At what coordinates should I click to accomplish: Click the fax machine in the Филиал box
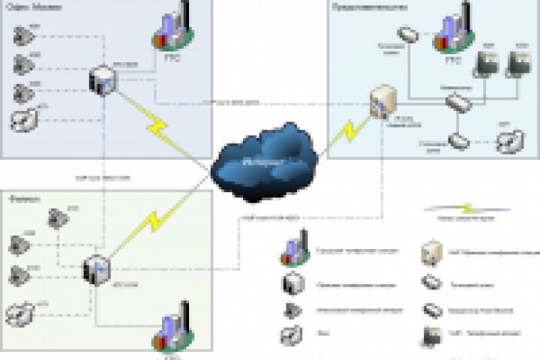[20, 310]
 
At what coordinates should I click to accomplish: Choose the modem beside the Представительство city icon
[409, 34]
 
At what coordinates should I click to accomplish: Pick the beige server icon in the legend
[430, 253]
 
